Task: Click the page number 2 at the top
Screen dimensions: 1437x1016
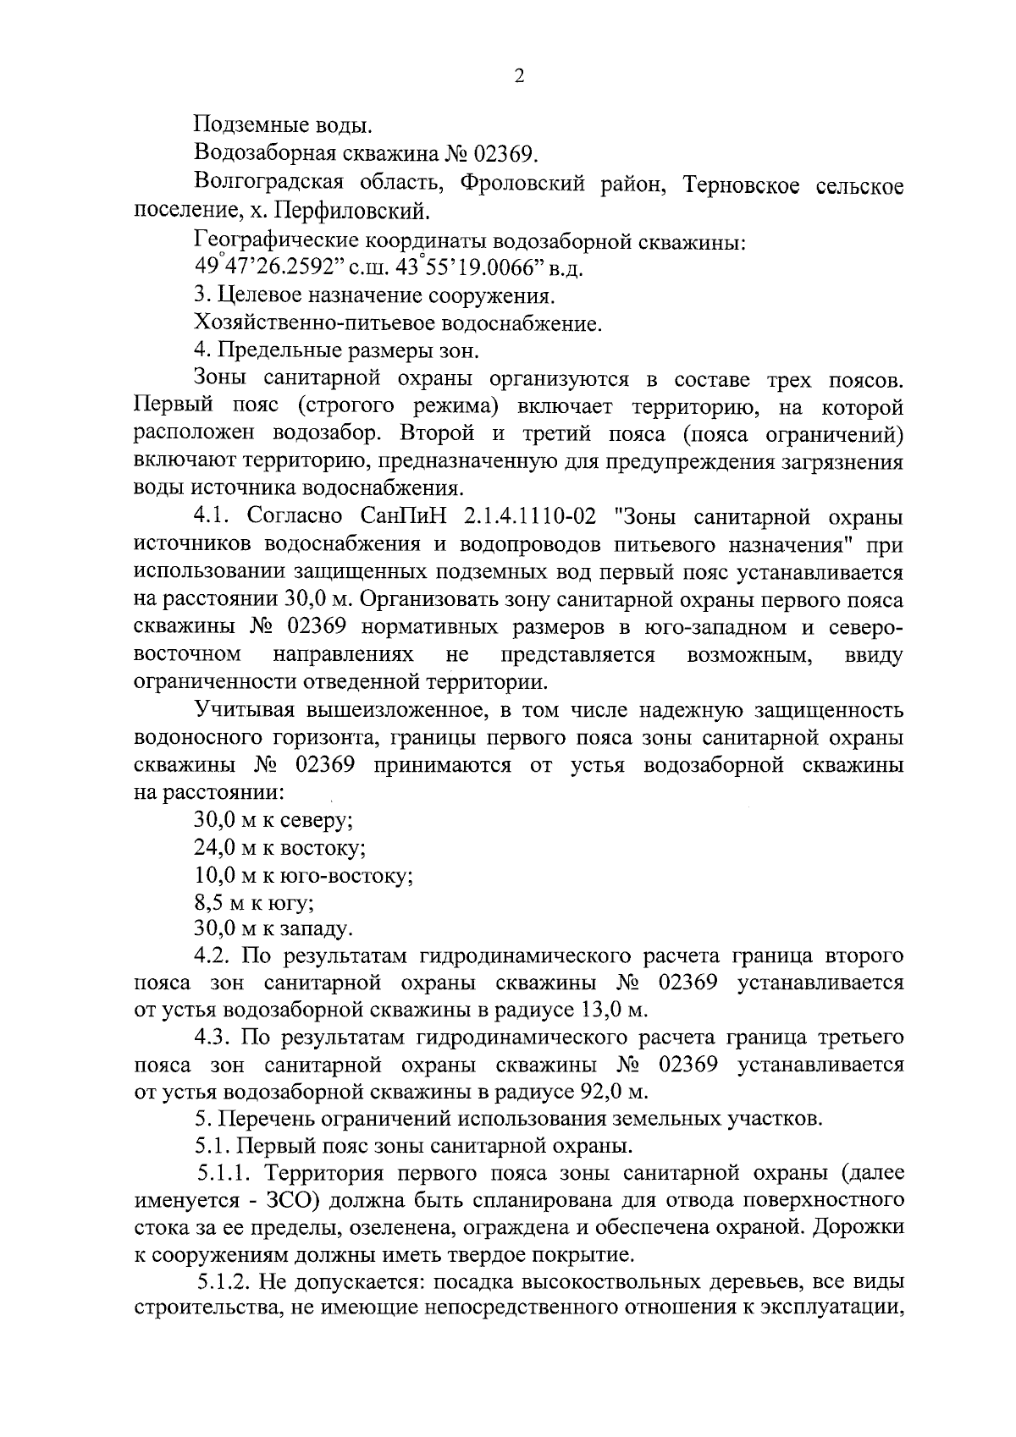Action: tap(519, 76)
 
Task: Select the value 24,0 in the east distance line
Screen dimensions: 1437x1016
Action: tap(214, 847)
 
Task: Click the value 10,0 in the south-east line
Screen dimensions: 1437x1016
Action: tap(214, 875)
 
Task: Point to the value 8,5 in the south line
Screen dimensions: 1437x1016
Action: tap(209, 902)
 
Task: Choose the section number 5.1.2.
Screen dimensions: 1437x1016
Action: tap(223, 1283)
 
